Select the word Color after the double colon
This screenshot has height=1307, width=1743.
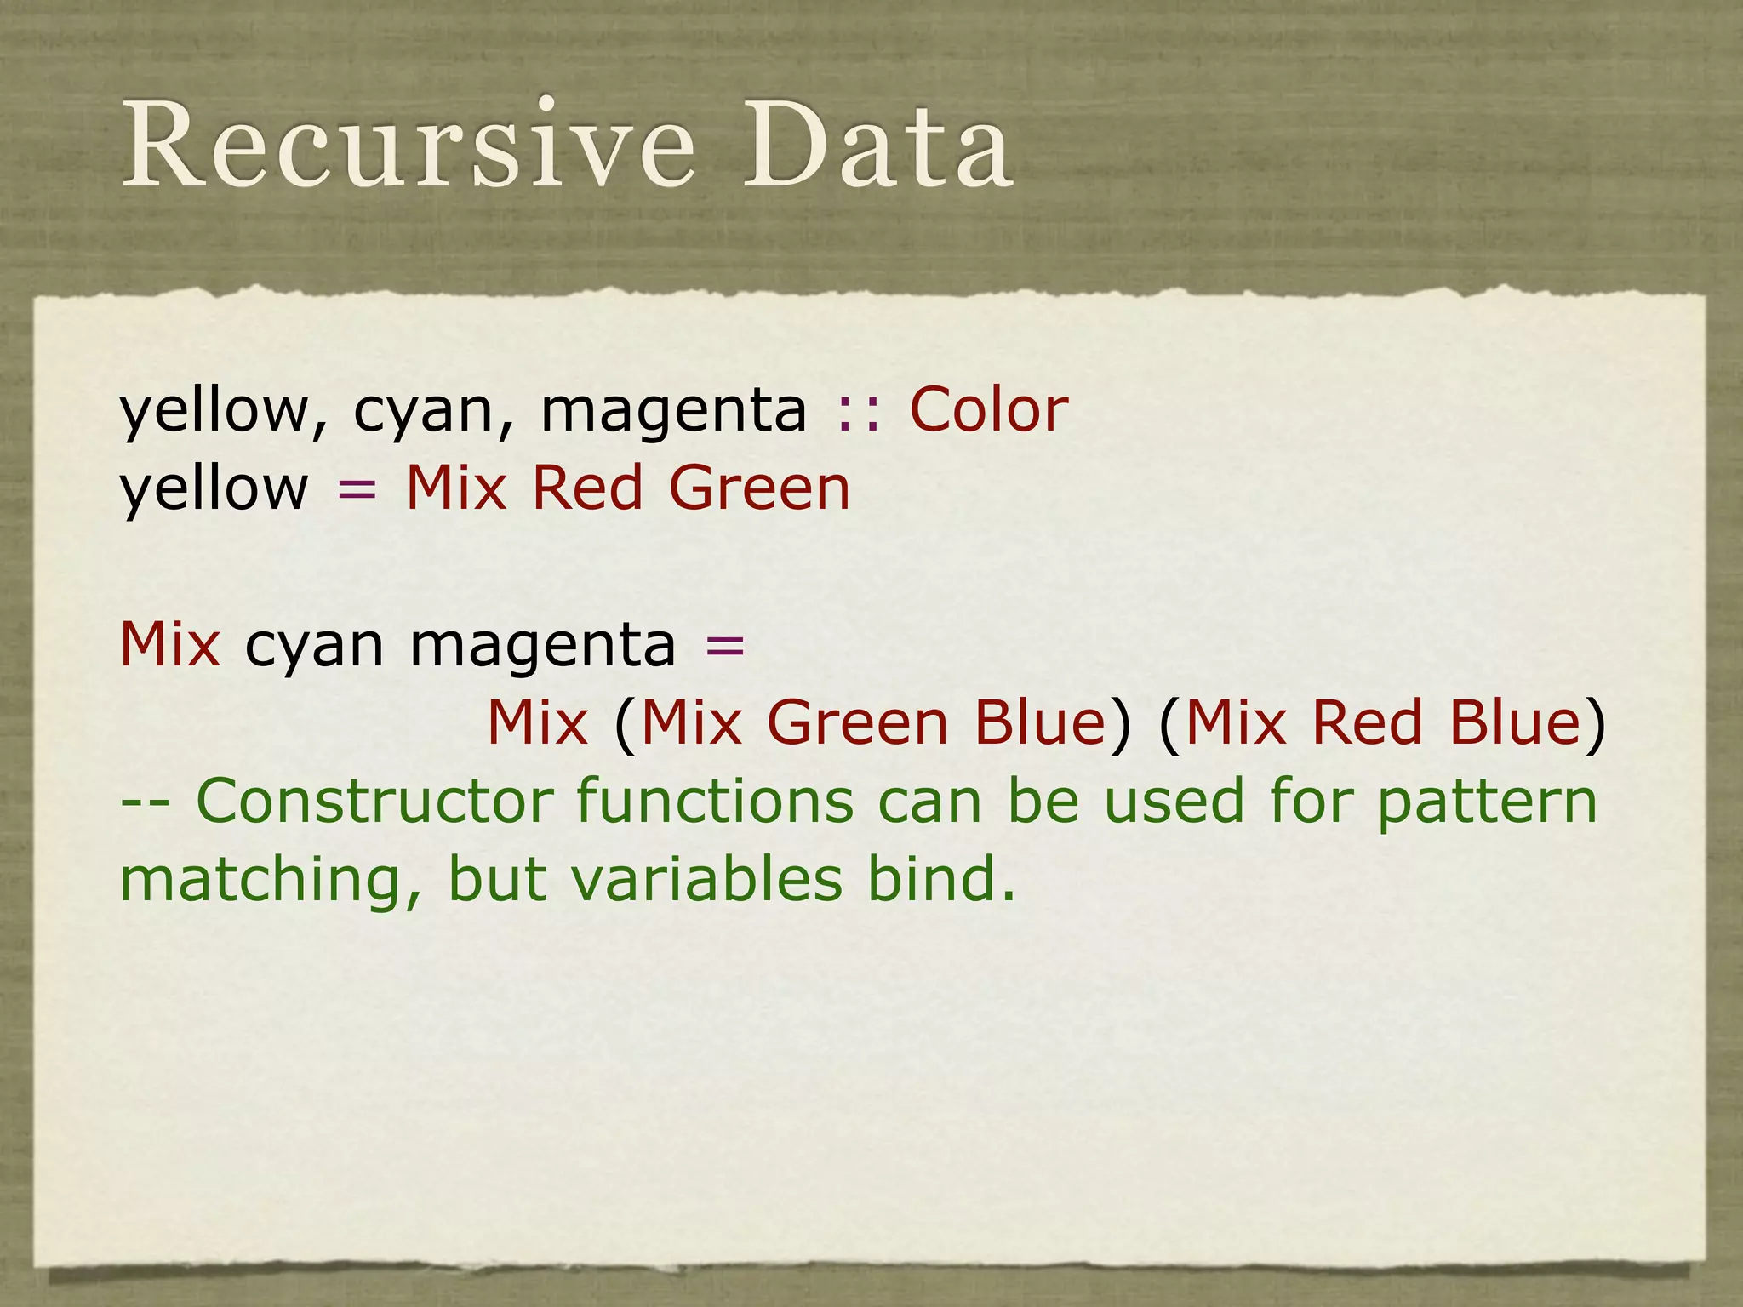pyautogui.click(x=989, y=410)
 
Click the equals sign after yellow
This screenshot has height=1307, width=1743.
pyautogui.click(x=357, y=490)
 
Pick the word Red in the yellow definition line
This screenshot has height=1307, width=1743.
pyautogui.click(x=586, y=488)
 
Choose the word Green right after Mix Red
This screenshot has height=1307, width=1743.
pyautogui.click(x=759, y=488)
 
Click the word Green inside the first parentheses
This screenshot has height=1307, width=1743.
pyautogui.click(x=857, y=723)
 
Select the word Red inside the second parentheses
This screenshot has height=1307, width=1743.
pyautogui.click(x=1367, y=723)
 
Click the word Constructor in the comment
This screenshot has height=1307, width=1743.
pyautogui.click(x=375, y=802)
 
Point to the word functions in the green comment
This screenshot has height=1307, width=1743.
pyautogui.click(x=715, y=802)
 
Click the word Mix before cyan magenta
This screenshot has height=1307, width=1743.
pyautogui.click(x=170, y=644)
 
